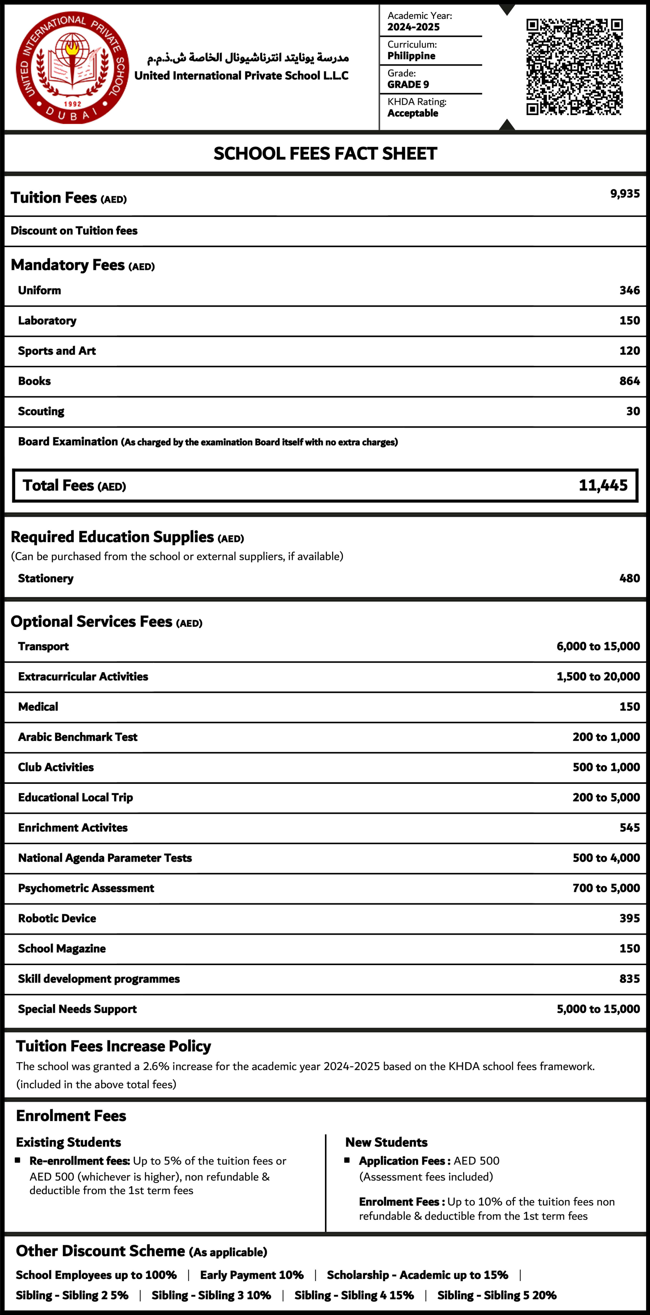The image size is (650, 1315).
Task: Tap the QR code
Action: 574,67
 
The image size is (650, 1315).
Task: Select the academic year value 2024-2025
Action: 413,27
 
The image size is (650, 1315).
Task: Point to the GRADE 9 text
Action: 408,84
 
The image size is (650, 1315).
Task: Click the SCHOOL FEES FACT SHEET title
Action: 325,153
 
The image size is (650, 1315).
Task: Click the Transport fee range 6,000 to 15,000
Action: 598,646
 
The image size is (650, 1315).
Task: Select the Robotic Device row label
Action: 57,918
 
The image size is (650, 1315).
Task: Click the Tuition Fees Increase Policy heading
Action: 113,1046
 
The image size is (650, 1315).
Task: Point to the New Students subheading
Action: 386,1142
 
